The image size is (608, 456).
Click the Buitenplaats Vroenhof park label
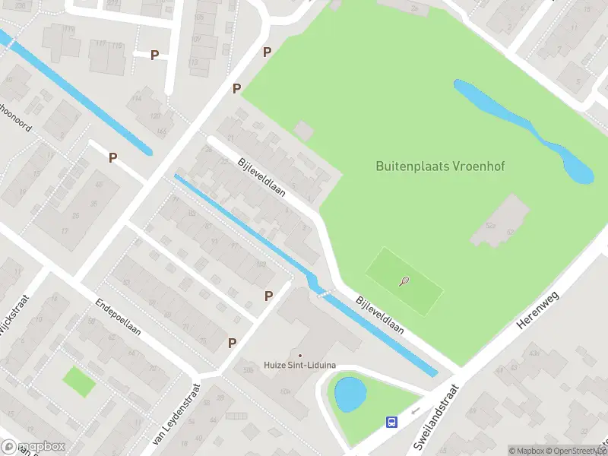429,166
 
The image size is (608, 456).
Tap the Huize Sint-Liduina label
300,366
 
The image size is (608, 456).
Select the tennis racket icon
404,282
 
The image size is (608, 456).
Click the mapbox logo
33,447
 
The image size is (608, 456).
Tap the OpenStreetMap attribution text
575,451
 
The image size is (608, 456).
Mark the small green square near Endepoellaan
79,382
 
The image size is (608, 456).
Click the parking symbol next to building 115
155,55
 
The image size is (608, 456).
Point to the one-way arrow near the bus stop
415,412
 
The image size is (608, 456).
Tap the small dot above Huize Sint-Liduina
300,355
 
